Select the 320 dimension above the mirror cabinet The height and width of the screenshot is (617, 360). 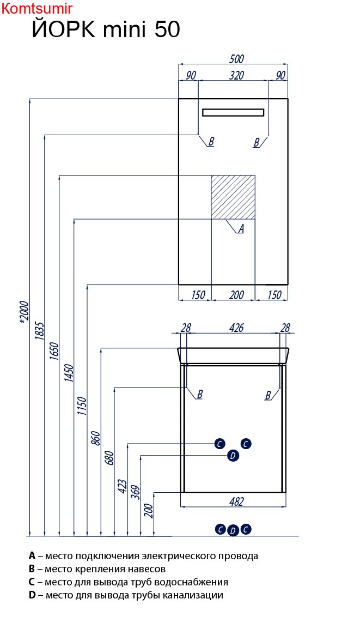pyautogui.click(x=236, y=75)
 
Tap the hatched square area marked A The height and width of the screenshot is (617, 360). pyautogui.click(x=233, y=197)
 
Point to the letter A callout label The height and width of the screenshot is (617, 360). pyautogui.click(x=241, y=229)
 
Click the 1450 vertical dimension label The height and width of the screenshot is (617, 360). pyautogui.click(x=68, y=373)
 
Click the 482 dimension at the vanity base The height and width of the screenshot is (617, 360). pyautogui.click(x=236, y=501)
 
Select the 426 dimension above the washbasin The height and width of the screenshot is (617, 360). pyautogui.click(x=236, y=328)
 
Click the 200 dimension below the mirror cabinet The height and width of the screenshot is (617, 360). pyautogui.click(x=236, y=295)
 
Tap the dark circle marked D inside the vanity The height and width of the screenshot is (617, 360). pyautogui.click(x=233, y=456)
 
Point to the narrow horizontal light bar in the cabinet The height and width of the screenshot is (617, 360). pyautogui.click(x=233, y=112)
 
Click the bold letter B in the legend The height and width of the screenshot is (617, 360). pyautogui.click(x=32, y=569)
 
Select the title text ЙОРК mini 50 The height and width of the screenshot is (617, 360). pyautogui.click(x=106, y=29)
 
